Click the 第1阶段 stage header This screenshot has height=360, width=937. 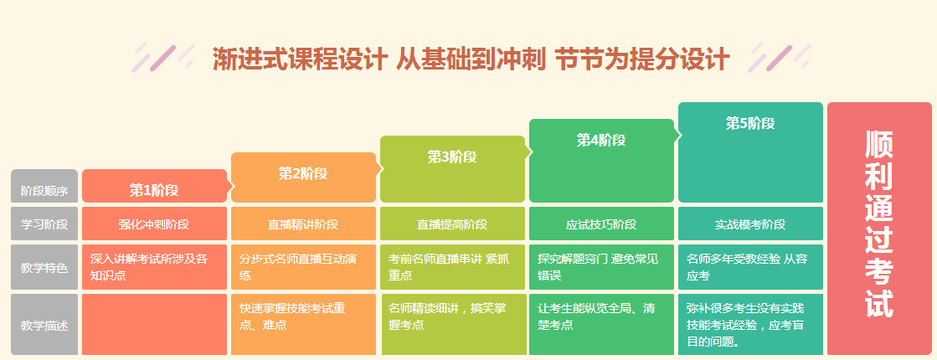pos(154,189)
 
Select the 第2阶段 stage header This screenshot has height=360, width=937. pos(303,174)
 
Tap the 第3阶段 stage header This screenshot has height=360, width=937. pos(452,157)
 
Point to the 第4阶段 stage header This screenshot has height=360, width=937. pos(601,140)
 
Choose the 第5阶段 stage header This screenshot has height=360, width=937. pos(750,124)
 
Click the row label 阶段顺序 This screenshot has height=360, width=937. pos(44,190)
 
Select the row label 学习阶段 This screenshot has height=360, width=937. pos(44,224)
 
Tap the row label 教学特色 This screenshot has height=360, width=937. pos(44,267)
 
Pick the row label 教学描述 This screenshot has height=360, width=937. pos(44,323)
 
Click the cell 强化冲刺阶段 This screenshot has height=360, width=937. pos(154,224)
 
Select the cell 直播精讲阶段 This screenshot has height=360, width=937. pos(303,224)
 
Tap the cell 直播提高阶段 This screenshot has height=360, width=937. pos(452,224)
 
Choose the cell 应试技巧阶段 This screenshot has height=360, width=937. pos(601,224)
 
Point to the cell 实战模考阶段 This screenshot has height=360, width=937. pos(750,224)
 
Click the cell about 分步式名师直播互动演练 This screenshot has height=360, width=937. pos(303,267)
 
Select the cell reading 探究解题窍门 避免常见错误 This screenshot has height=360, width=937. pos(601,267)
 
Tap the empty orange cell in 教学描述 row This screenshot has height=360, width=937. pos(154,324)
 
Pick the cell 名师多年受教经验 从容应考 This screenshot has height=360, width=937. pos(750,267)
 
